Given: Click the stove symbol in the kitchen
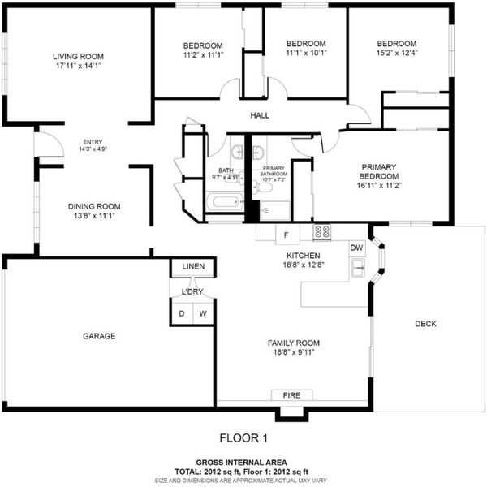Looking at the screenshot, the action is tap(321, 231).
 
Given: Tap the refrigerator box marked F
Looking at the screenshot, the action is tap(287, 235).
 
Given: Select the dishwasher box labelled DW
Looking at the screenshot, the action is tap(357, 248).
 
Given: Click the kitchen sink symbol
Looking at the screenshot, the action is tap(357, 267).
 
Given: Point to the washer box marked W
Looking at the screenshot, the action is tap(204, 313).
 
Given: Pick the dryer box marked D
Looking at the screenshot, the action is tap(182, 313).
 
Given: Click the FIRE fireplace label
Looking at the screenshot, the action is tap(292, 395).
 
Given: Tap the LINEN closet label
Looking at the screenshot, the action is tap(193, 266).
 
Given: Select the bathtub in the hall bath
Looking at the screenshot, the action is tap(225, 202).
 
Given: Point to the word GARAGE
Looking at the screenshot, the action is tap(99, 336).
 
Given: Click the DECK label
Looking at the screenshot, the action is tap(425, 324).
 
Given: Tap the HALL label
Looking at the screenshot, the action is tap(260, 115).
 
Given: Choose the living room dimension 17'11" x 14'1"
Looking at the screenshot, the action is tap(79, 66).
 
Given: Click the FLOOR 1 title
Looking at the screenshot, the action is tap(243, 438).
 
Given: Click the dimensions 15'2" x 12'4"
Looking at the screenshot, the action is tap(397, 53).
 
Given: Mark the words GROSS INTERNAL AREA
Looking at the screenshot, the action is tap(241, 463).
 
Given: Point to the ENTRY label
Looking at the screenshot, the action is tap(93, 142).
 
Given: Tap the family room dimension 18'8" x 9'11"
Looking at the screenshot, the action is tap(294, 352).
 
